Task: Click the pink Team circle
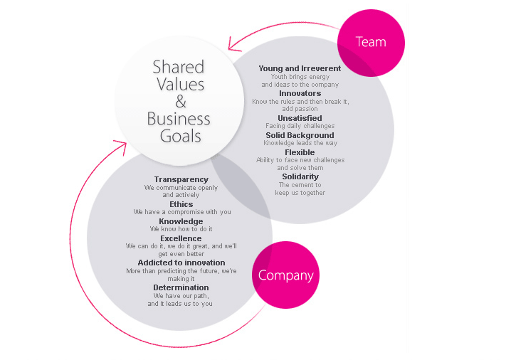[370, 42]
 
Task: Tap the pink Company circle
[286, 275]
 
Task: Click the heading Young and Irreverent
[300, 69]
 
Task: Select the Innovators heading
[300, 93]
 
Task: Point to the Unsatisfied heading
[300, 118]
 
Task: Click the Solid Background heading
[300, 135]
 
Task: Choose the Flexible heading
[300, 152]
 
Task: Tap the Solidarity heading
[300, 176]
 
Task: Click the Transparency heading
[181, 180]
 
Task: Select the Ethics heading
[181, 204]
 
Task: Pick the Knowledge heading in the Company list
[181, 221]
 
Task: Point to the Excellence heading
[181, 238]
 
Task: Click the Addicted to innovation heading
[181, 263]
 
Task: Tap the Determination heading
[181, 287]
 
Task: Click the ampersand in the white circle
[180, 101]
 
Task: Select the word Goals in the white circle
[181, 135]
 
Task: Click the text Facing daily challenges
[300, 126]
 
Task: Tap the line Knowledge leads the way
[300, 143]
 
